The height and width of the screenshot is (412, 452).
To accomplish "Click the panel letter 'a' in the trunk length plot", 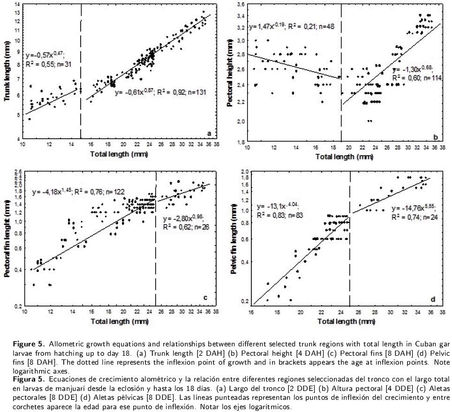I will point(209,134).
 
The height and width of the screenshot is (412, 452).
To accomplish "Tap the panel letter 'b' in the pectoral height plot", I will point(436,137).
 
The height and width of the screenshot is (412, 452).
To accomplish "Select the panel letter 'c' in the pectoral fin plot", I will point(206,297).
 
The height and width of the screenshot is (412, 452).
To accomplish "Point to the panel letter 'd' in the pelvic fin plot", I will point(432,298).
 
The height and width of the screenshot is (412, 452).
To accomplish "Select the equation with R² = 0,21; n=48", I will point(291,27).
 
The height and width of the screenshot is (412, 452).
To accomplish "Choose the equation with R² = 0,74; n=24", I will point(415,213).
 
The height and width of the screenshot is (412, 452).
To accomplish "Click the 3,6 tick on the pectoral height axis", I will point(239,5).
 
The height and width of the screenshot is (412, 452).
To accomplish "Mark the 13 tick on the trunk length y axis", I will point(17,13).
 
